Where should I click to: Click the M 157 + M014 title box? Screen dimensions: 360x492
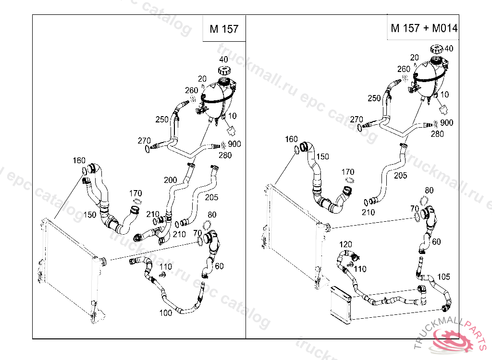click(423, 28)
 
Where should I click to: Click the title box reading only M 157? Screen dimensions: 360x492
click(224, 29)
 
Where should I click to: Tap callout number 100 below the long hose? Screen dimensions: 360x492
click(166, 312)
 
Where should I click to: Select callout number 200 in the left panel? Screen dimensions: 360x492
click(170, 180)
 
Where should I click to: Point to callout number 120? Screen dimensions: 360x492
click(346, 244)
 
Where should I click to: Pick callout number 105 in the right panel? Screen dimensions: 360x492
click(443, 276)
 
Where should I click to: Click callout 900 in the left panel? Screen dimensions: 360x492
click(234, 144)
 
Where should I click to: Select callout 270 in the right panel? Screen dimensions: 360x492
click(357, 119)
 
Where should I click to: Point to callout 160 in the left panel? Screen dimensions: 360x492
click(79, 160)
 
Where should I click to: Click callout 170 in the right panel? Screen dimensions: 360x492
click(348, 172)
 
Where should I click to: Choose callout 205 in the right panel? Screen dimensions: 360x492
click(400, 176)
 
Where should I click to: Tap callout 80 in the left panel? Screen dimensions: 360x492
click(212, 214)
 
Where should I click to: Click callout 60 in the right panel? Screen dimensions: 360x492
click(436, 242)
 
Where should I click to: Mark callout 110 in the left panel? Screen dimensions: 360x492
click(166, 266)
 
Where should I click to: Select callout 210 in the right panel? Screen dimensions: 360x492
click(369, 212)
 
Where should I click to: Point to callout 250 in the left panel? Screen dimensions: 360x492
click(162, 119)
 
